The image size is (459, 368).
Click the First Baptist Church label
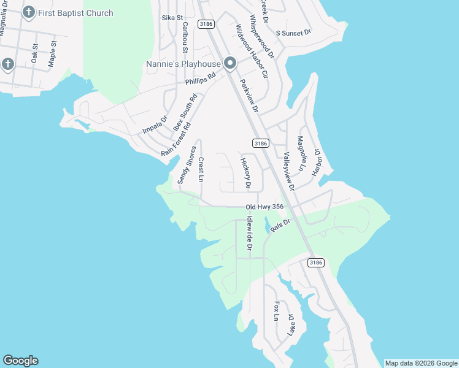75,13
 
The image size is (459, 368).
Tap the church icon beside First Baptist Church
28,13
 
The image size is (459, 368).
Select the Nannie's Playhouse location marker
230,63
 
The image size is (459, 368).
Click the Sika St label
172,18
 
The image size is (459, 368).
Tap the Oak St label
35,53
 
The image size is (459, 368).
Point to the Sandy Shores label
187,164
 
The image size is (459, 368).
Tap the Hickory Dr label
245,173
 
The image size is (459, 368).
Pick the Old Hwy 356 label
264,207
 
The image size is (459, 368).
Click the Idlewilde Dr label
249,233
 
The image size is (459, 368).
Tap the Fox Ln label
277,311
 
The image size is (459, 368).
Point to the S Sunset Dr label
293,32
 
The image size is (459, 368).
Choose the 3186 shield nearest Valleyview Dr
261,144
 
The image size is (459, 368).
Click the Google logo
20,361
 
